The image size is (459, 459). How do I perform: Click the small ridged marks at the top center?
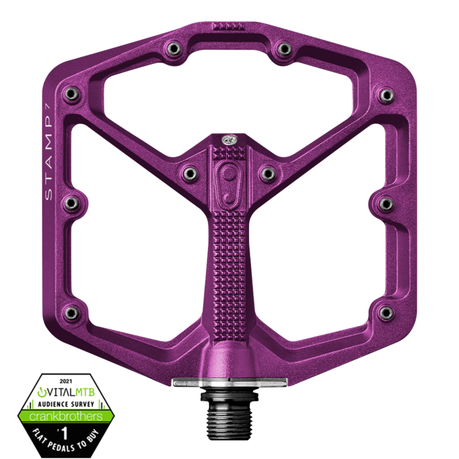click(x=228, y=28)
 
